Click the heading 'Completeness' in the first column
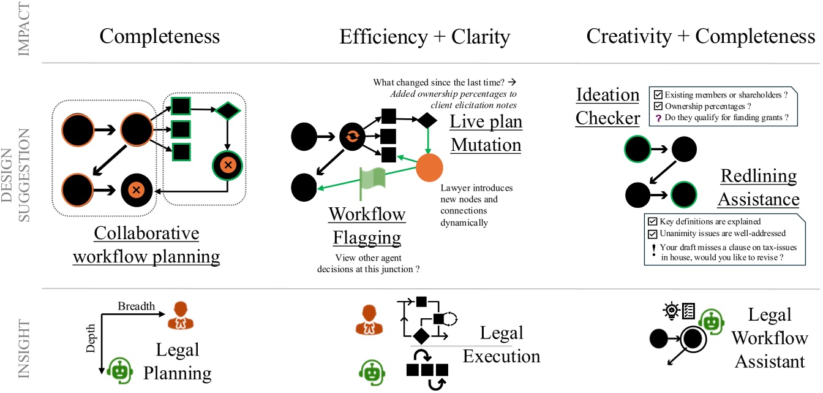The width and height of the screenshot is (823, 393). tap(159, 36)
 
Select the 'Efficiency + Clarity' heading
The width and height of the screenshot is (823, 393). tap(424, 36)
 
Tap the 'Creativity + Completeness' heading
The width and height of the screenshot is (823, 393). tap(701, 36)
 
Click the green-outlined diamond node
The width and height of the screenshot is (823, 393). tap(227, 111)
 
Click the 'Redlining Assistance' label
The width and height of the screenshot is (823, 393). tap(758, 188)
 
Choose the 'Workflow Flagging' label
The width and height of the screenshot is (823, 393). tap(367, 226)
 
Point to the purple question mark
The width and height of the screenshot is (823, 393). tap(657, 117)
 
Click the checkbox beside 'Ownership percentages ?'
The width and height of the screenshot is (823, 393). tap(658, 106)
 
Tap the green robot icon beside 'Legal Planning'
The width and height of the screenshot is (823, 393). tap(118, 370)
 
